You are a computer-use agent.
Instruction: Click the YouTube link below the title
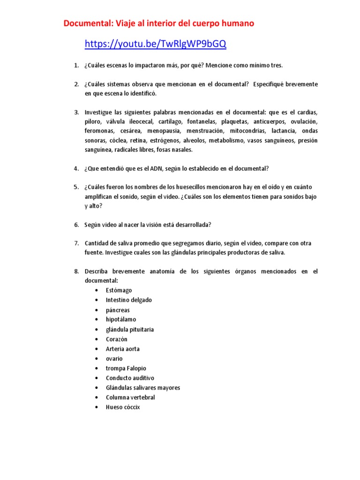click(x=155, y=44)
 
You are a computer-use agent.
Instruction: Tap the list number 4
click(x=76, y=168)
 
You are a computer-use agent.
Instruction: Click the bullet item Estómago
click(x=119, y=290)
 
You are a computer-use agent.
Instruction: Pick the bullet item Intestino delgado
click(x=129, y=300)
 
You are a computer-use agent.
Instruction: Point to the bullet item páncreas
click(x=118, y=310)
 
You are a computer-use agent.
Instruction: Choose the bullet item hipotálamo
click(x=121, y=320)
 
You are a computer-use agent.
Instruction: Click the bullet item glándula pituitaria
click(x=130, y=330)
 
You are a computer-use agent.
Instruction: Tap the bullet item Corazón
click(x=117, y=339)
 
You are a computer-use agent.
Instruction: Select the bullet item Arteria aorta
click(x=123, y=349)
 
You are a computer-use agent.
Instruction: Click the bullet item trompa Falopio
click(x=126, y=368)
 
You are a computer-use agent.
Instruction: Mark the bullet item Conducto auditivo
click(x=130, y=378)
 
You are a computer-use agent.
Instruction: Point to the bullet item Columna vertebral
click(x=130, y=397)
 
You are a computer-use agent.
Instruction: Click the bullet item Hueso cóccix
click(x=123, y=407)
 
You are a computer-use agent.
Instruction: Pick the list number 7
click(x=76, y=243)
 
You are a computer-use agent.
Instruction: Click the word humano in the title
click(x=238, y=23)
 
